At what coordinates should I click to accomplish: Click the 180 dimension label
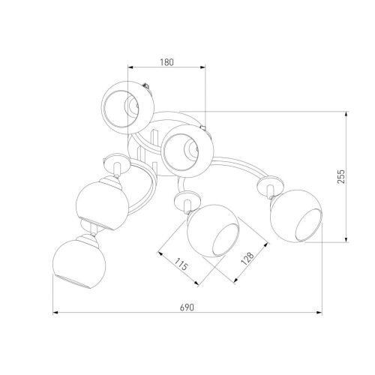pyautogui.click(x=166, y=62)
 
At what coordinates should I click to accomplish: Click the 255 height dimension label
pyautogui.click(x=341, y=176)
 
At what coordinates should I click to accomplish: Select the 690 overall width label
pyautogui.click(x=187, y=307)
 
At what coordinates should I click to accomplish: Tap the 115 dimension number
pyautogui.click(x=181, y=265)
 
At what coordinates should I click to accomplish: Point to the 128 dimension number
pyautogui.click(x=247, y=259)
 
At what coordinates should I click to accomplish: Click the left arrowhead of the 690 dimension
pyautogui.click(x=55, y=313)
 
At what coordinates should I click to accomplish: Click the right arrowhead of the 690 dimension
pyautogui.click(x=319, y=313)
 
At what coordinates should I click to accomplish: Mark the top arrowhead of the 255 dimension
pyautogui.click(x=346, y=114)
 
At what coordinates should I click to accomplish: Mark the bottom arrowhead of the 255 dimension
pyautogui.click(x=346, y=239)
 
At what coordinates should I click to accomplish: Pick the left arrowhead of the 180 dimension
pyautogui.click(x=130, y=67)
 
